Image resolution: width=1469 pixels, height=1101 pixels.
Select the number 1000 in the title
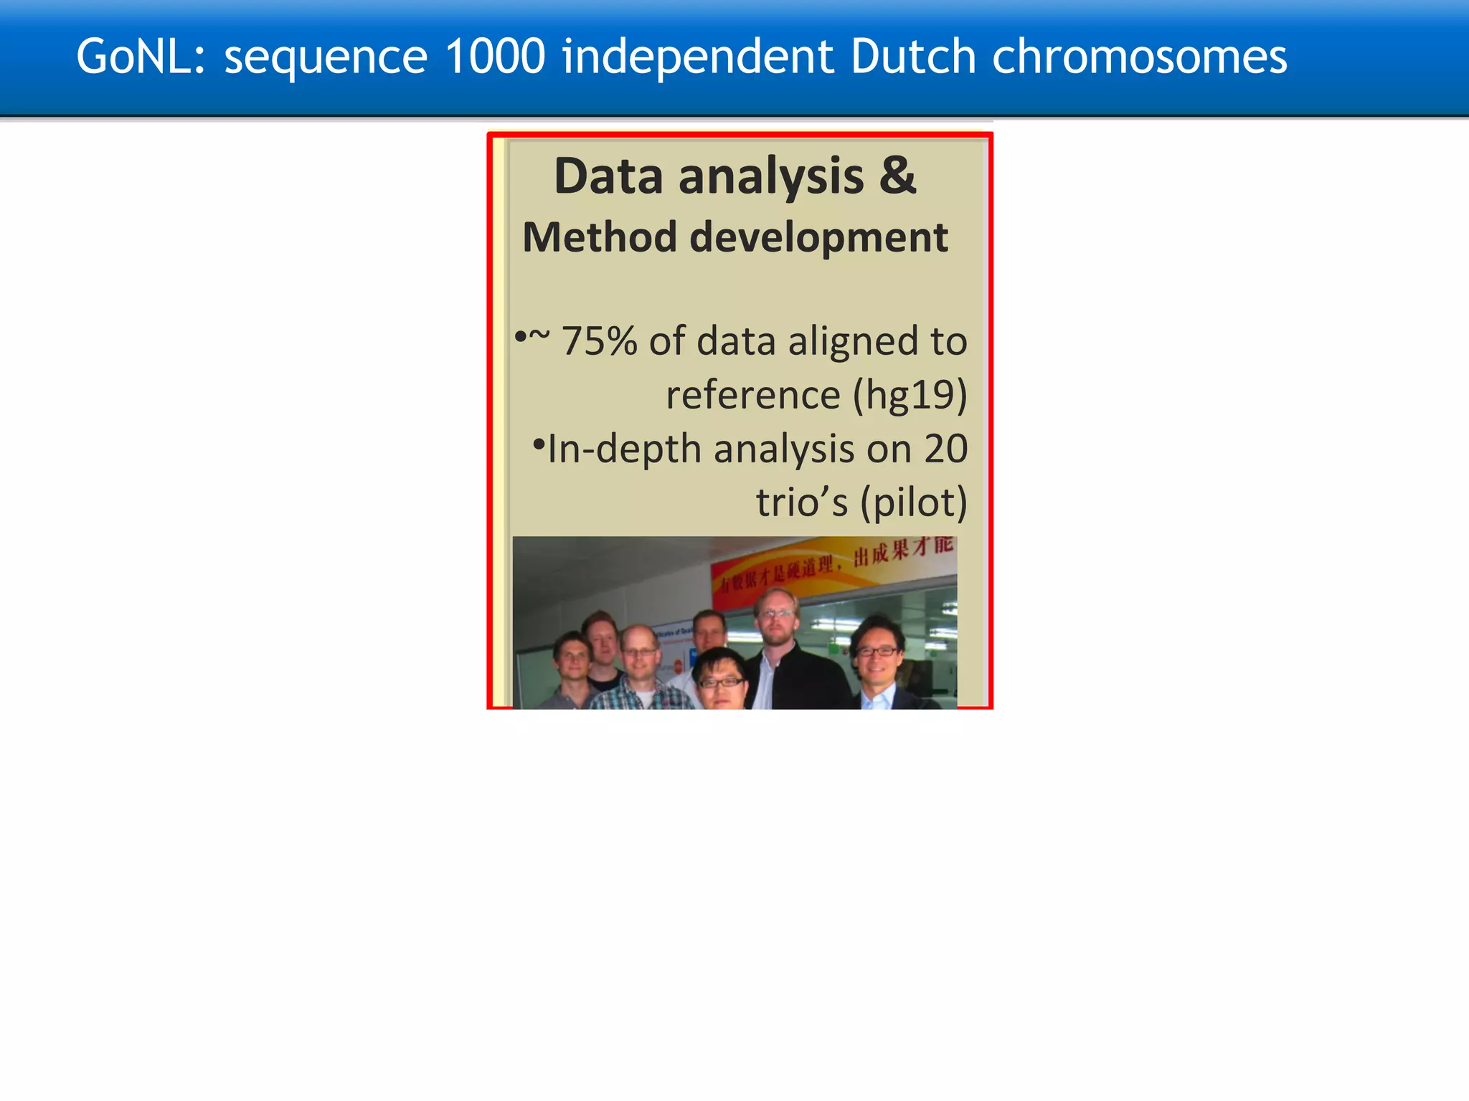click(495, 57)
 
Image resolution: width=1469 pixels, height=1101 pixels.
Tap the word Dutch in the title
click(913, 57)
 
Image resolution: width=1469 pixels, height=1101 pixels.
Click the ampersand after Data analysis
click(897, 176)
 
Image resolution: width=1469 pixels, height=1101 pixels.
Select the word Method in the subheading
click(600, 237)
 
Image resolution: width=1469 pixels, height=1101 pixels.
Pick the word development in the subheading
click(818, 237)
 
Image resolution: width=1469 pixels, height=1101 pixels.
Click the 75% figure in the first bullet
click(599, 340)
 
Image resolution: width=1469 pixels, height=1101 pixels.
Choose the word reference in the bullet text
click(752, 395)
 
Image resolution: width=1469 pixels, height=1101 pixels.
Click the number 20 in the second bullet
click(945, 449)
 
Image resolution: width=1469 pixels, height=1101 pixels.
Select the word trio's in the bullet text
click(801, 502)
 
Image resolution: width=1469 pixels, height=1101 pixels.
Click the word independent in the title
click(698, 57)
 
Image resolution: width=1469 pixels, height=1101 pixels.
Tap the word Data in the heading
click(608, 176)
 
